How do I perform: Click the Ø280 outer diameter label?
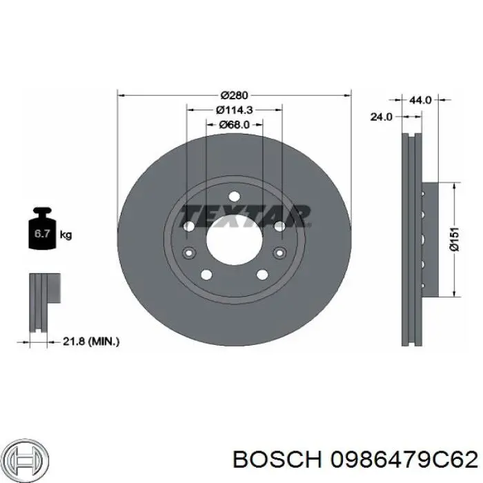234,95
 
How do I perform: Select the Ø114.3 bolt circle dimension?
234,110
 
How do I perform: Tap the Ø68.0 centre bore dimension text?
234,125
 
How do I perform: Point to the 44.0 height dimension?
420,100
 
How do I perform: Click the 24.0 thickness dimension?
381,117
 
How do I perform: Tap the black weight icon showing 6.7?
41,232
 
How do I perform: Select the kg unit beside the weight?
66,235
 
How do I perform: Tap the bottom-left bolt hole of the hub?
206,275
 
